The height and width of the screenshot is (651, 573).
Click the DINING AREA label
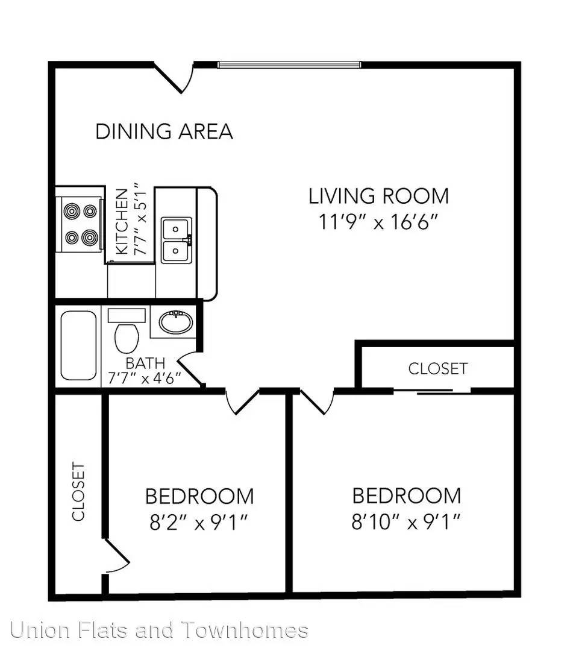coord(164,131)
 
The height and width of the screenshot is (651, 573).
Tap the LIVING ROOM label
coord(378,196)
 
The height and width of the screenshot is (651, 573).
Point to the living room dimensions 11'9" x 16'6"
coord(378,222)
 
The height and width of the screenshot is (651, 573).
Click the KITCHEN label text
coord(122,221)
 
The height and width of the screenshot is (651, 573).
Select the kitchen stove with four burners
coord(79,224)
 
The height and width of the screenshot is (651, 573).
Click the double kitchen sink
coord(177,241)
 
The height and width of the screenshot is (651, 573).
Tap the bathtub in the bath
coord(78,345)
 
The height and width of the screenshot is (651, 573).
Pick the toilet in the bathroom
coord(127,330)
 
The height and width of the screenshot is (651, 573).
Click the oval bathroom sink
coord(175,322)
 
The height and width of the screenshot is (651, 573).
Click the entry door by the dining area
coord(174,77)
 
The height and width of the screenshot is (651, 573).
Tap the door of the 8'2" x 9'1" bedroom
coord(243,401)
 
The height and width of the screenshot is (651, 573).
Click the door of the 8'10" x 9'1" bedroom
coord(317,401)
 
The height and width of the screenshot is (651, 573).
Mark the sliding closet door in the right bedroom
coord(432,391)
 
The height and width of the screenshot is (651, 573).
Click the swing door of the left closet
coord(117,557)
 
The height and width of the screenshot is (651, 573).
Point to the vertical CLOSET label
coord(78,492)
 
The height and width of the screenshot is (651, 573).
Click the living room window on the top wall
coord(289,64)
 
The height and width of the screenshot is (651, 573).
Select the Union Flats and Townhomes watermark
coord(159,630)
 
